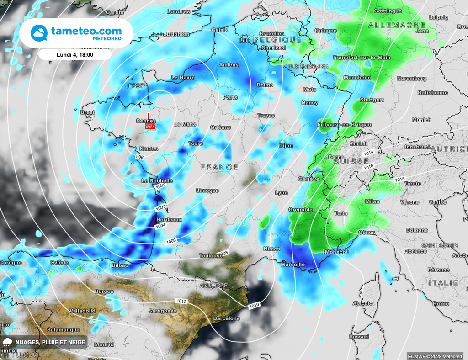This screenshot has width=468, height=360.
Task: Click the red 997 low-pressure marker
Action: click(149, 125)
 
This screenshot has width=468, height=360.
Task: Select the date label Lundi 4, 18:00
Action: click(75, 54)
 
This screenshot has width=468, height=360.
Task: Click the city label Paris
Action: click(230, 97)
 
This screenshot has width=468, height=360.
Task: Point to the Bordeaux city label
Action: click(169, 220)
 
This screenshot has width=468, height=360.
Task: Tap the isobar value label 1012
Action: click(181, 301)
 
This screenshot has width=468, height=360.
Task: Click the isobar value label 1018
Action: click(399, 180)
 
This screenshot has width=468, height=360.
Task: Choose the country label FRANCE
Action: click(219, 167)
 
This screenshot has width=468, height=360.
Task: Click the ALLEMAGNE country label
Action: click(397, 25)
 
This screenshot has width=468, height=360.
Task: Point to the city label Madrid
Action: click(104, 344)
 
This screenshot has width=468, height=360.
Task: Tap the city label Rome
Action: click(441, 304)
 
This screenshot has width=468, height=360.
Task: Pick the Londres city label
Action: click(178, 11)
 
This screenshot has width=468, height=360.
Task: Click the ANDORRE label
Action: click(213, 286)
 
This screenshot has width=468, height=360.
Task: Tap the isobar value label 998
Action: click(140, 157)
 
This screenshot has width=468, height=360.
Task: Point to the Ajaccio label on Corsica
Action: click(363, 303)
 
